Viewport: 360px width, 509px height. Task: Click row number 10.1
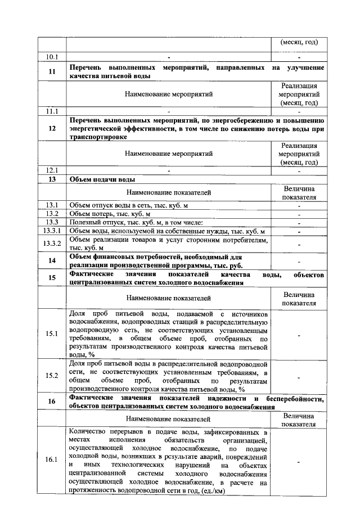point(52,56)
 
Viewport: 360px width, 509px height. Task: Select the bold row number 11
point(52,71)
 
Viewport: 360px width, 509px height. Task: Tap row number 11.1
point(52,111)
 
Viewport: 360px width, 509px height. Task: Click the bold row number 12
point(52,128)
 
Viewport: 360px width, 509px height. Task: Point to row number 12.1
point(52,170)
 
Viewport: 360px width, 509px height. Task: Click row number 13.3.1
point(52,231)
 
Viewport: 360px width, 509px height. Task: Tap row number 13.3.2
point(52,243)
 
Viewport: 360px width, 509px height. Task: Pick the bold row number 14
point(52,260)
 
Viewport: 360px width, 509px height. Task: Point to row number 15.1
point(52,334)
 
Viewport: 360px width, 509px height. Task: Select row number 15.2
point(52,376)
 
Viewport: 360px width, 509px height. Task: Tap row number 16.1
point(52,460)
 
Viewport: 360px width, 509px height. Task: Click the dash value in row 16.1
point(299,460)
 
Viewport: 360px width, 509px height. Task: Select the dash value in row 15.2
point(299,376)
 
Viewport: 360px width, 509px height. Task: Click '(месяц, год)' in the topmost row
point(299,42)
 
